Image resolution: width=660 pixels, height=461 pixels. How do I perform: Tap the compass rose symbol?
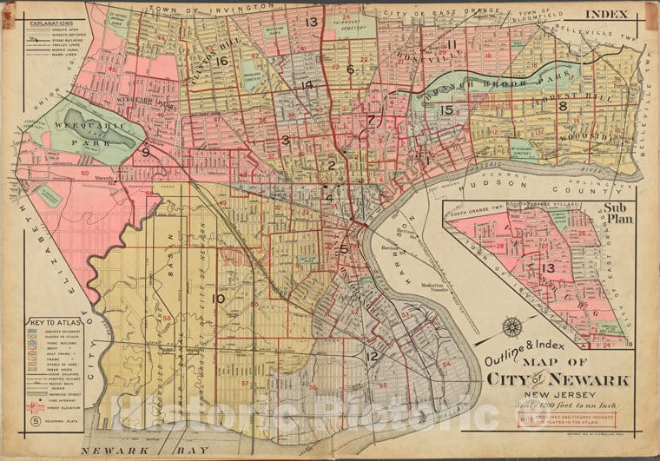click(x=512, y=328)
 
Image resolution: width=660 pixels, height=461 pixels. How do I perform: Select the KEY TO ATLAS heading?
click(x=52, y=321)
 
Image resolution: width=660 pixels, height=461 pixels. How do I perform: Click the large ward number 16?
click(x=222, y=61)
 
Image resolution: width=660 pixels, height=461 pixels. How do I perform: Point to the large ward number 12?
click(x=372, y=356)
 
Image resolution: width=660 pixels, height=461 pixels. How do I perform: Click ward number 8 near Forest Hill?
click(x=563, y=106)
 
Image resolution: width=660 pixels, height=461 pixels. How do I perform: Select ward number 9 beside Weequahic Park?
click(x=146, y=153)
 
